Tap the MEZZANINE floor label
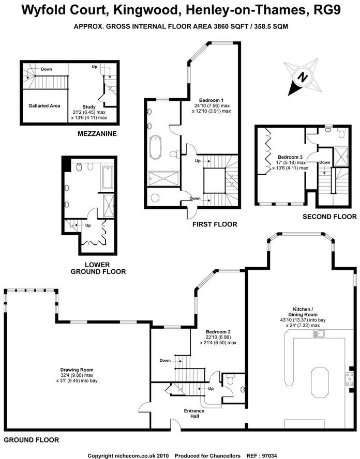point(97,134)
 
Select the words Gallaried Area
point(44,105)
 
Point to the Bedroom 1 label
point(211,100)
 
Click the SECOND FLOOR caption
point(329,217)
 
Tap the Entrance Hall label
point(194,414)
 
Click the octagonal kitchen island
point(319,382)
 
